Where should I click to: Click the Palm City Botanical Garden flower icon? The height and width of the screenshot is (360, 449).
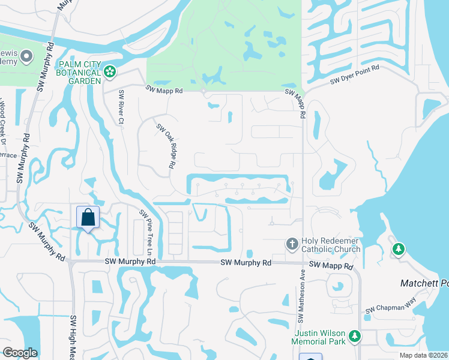pyautogui.click(x=109, y=72)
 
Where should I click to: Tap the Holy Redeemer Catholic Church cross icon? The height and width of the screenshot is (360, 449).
pyautogui.click(x=292, y=244)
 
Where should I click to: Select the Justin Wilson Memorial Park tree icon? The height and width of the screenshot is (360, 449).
pyautogui.click(x=355, y=337)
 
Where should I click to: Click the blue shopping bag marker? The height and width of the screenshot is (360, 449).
pyautogui.click(x=88, y=217)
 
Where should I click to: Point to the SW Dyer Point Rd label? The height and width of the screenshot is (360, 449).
pyautogui.click(x=356, y=76)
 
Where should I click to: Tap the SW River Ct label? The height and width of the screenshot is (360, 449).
pyautogui.click(x=121, y=107)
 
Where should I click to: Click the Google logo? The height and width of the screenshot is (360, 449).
pyautogui.click(x=20, y=353)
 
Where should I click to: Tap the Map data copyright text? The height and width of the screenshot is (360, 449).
pyautogui.click(x=426, y=355)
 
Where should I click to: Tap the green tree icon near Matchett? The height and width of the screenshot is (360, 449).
pyautogui.click(x=397, y=248)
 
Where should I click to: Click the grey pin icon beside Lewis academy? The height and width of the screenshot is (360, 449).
pyautogui.click(x=26, y=57)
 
